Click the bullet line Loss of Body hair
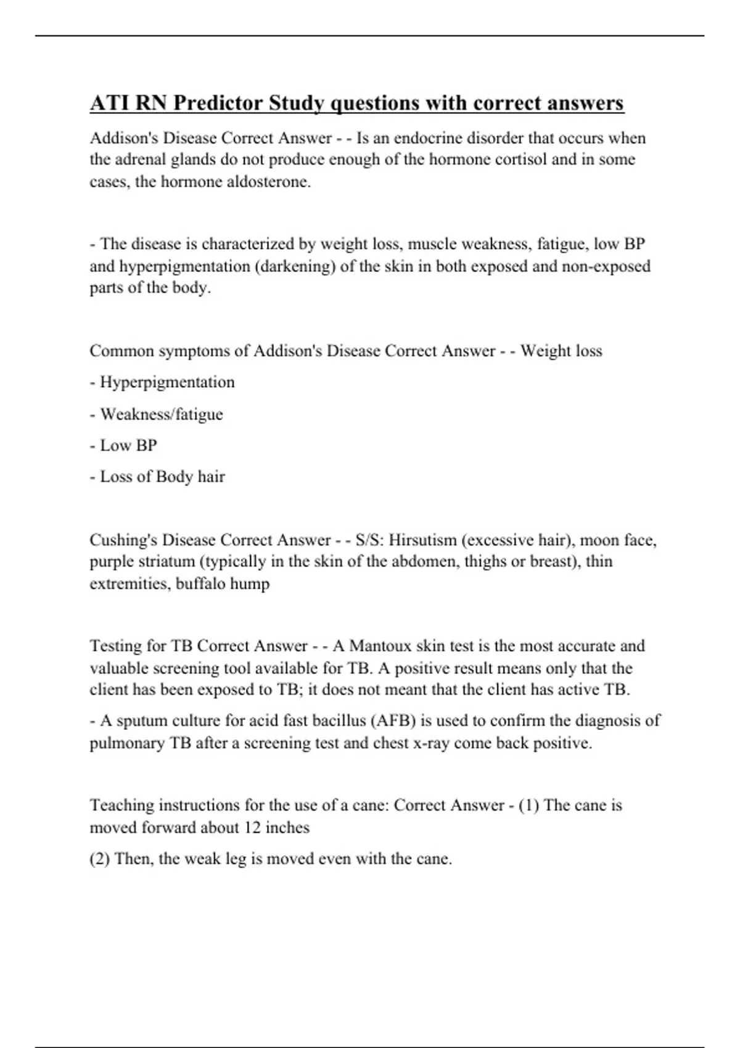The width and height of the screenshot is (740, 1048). pyautogui.click(x=162, y=477)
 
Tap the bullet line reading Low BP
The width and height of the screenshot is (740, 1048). pyautogui.click(x=128, y=445)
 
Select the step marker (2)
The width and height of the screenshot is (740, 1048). pyautogui.click(x=100, y=859)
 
